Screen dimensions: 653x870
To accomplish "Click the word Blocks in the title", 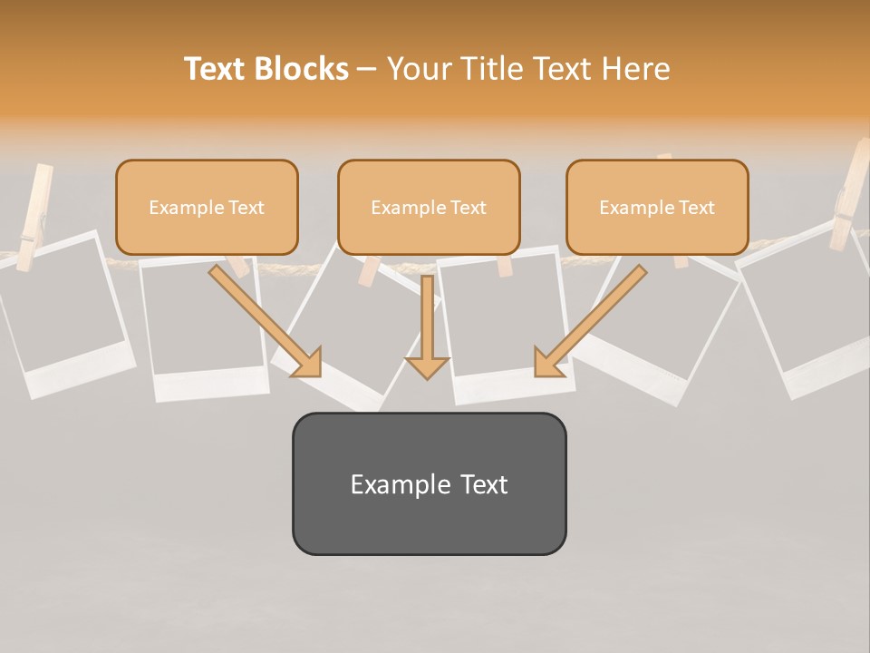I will tap(301, 69).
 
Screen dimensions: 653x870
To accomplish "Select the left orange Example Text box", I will tap(207, 207).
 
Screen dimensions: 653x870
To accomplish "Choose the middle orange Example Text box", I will tap(429, 207).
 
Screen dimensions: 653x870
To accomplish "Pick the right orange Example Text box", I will tap(657, 207).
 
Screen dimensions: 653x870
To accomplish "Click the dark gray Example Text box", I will tap(429, 483).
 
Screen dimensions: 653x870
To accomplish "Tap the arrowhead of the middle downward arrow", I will tap(427, 366).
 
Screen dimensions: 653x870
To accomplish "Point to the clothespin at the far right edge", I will tap(852, 195).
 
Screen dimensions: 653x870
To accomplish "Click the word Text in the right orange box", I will tap(697, 208).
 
